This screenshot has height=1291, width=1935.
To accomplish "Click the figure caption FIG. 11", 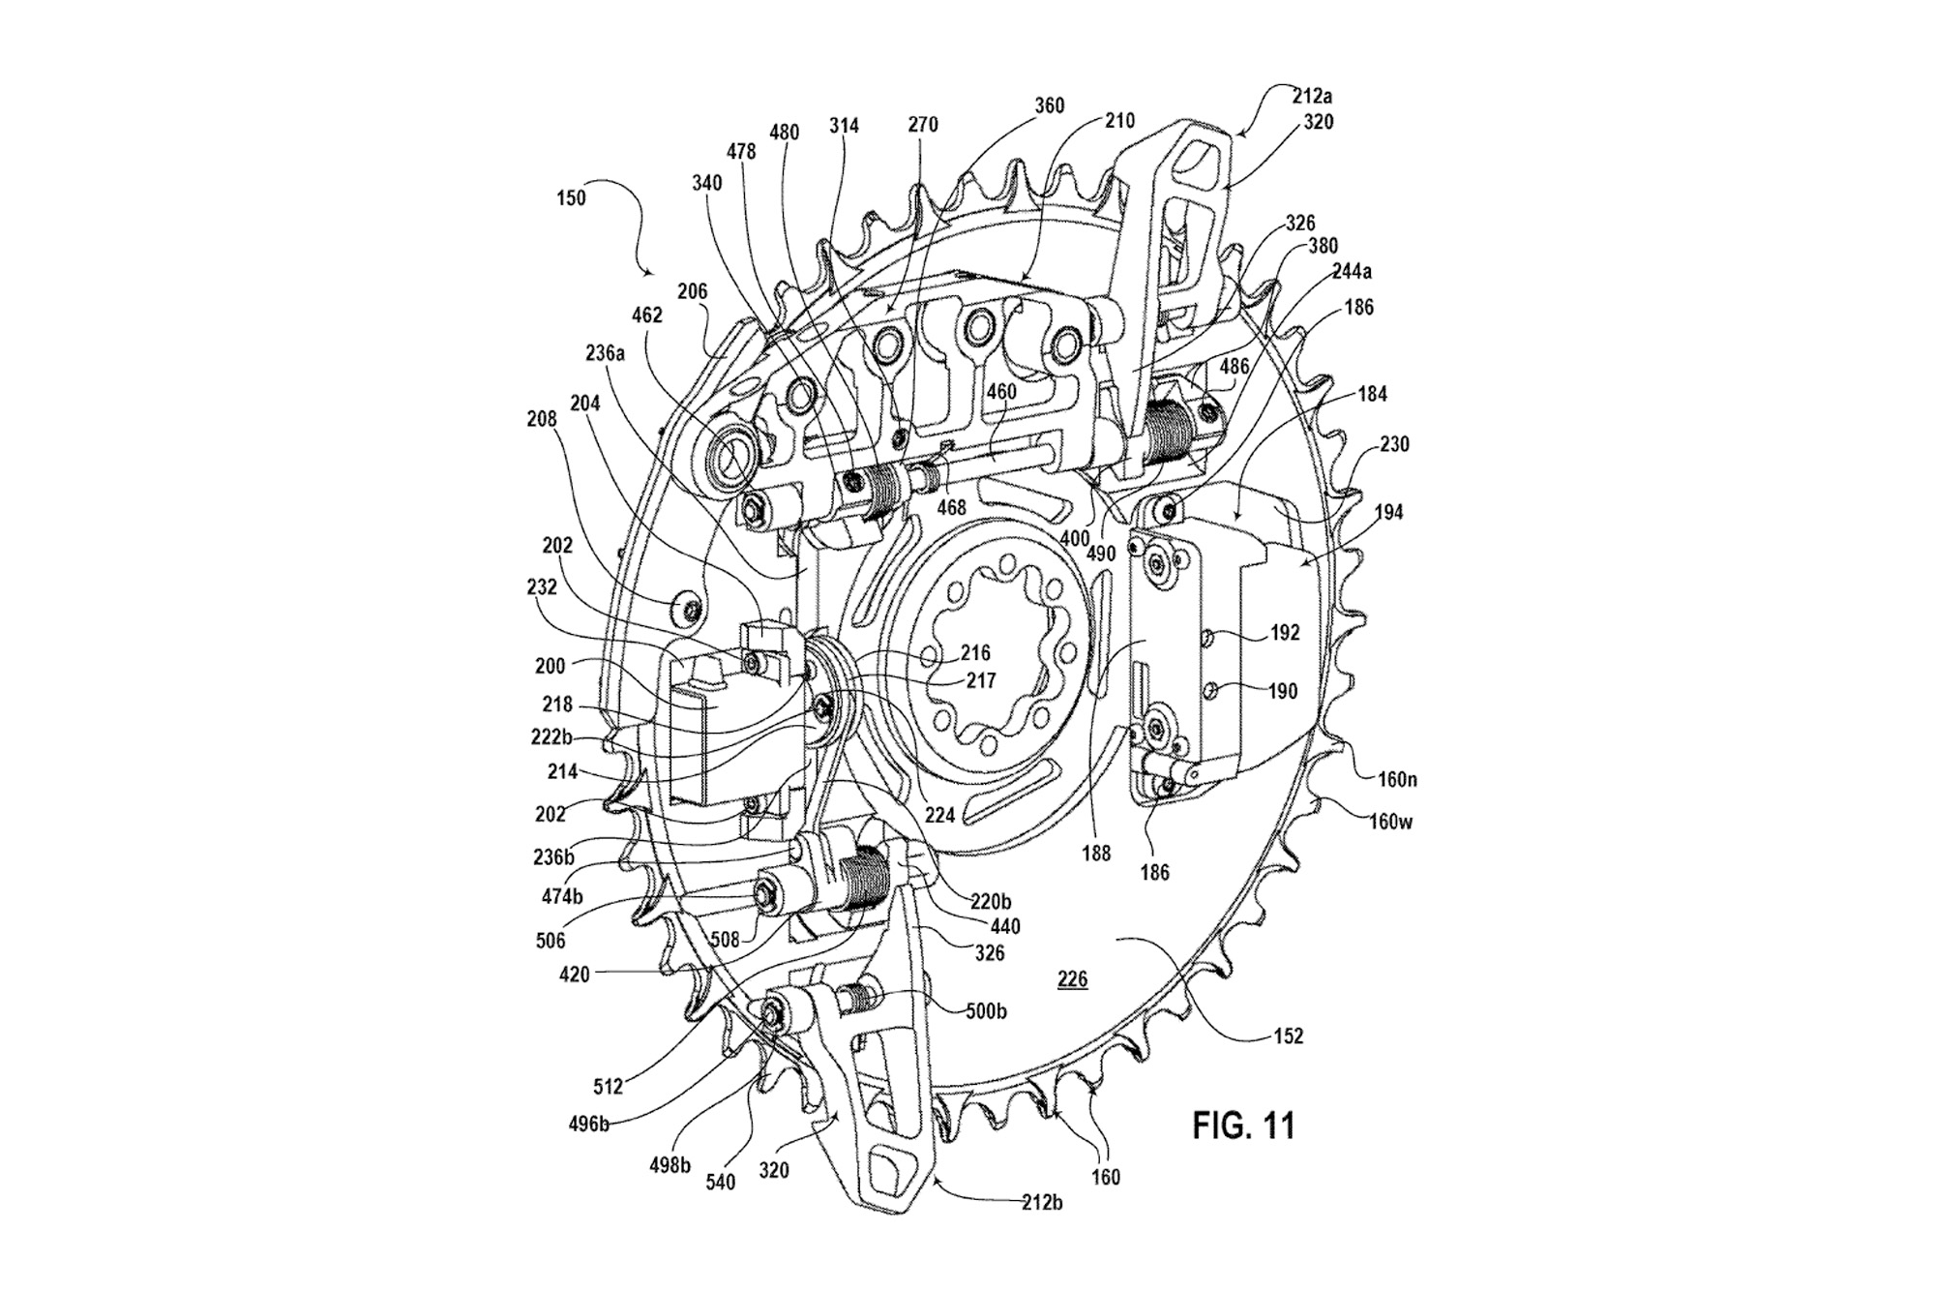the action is tap(1242, 1126).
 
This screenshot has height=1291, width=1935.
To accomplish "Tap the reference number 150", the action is tap(571, 197).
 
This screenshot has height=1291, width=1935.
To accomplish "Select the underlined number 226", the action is tap(1072, 980).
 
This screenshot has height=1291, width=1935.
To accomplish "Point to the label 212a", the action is tap(1311, 97).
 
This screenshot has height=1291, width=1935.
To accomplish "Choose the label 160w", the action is tap(1390, 822).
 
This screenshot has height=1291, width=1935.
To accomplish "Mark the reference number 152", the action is tap(1288, 1036).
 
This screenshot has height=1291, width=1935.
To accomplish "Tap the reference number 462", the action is tap(647, 315).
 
